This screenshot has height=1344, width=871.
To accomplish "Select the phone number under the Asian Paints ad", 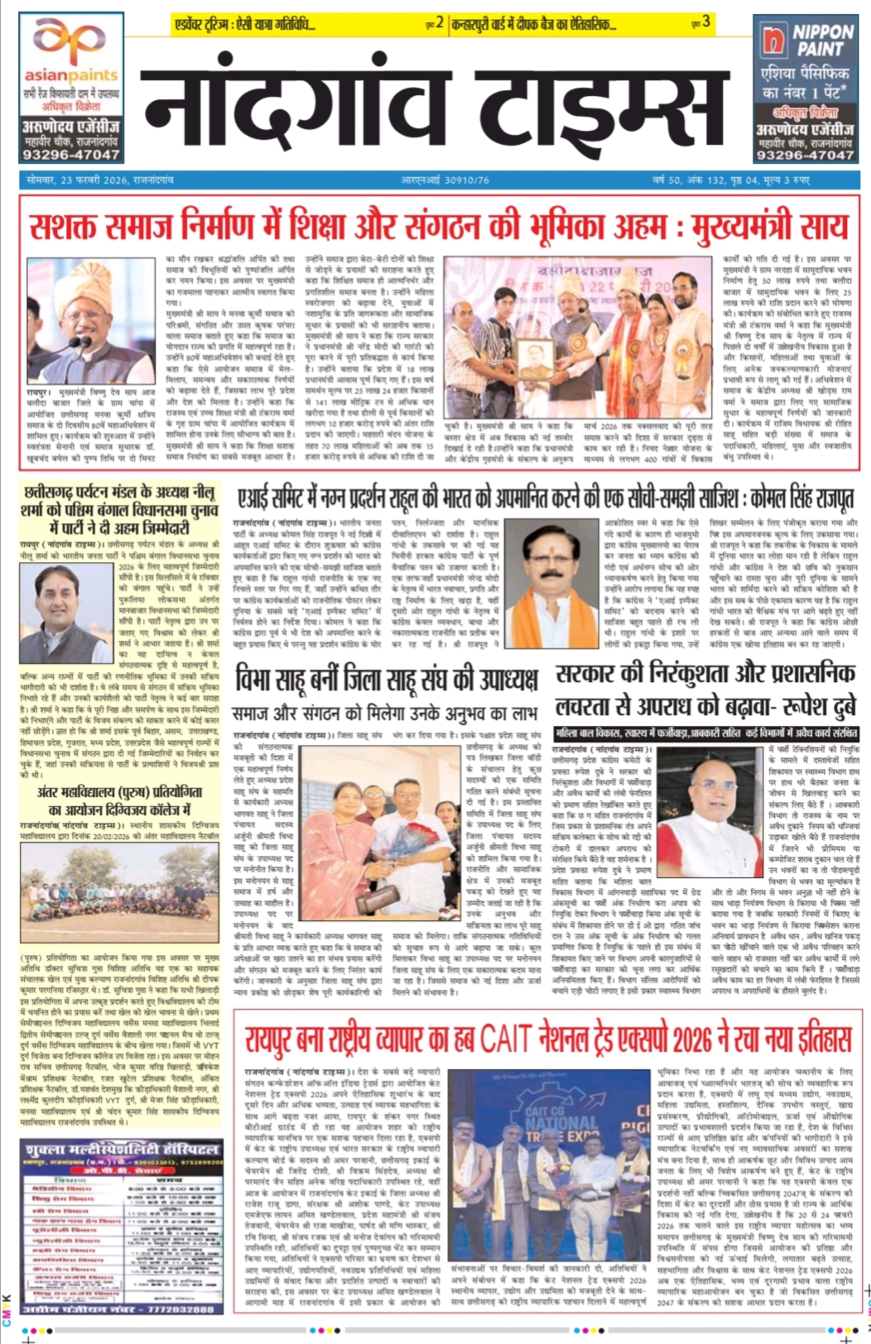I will coord(71,155).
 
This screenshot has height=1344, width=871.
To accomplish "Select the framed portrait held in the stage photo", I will coord(535,358).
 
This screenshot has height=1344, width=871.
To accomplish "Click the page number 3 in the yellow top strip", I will coord(705,22).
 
